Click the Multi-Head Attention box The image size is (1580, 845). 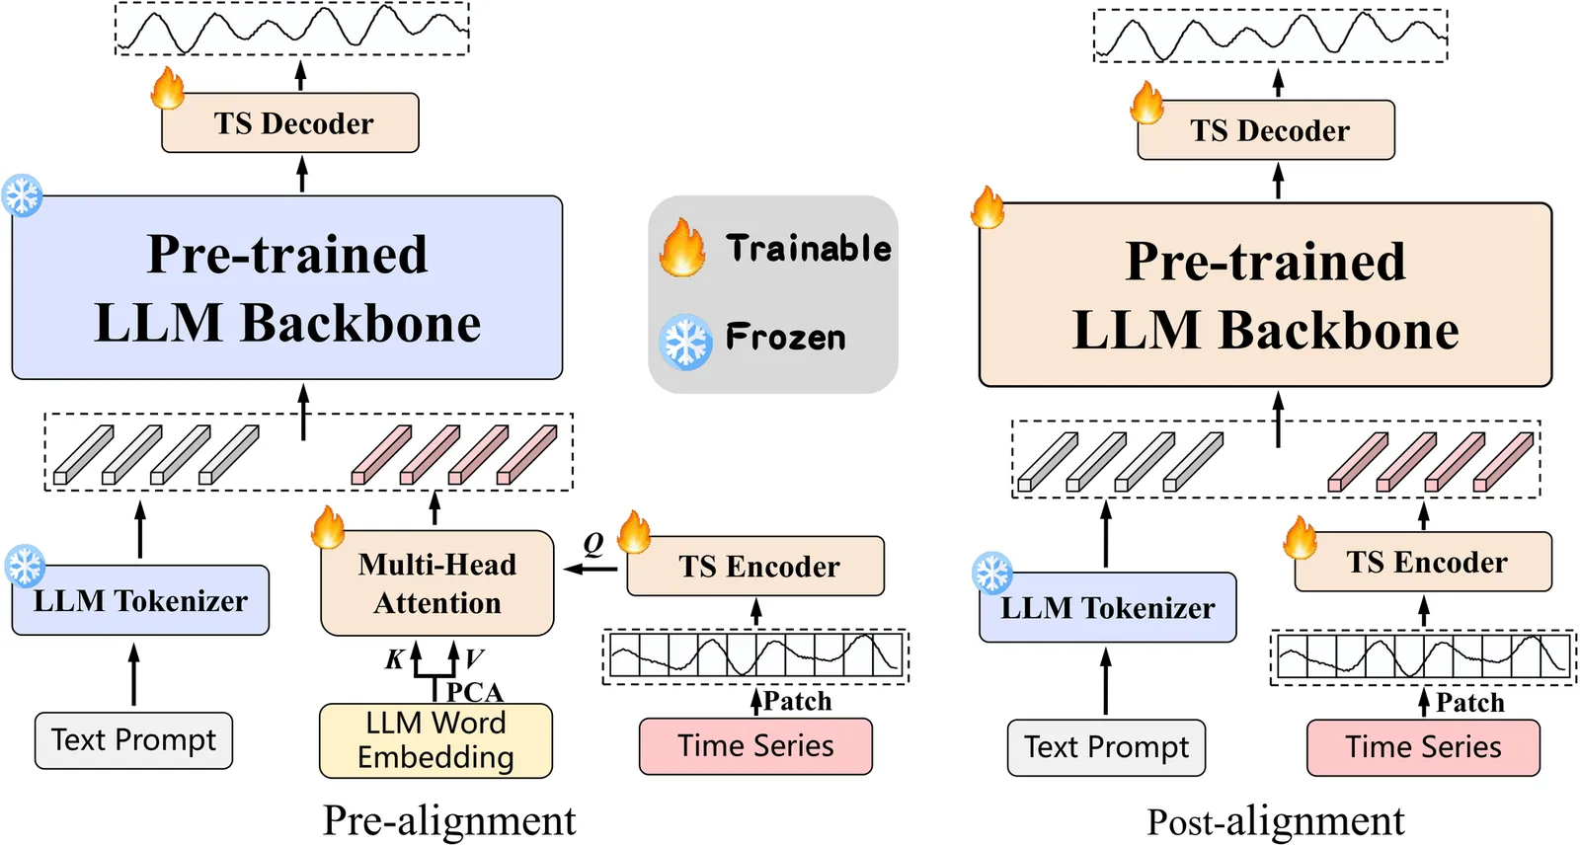437,583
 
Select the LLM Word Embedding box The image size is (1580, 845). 435,740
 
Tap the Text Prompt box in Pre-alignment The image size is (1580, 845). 133,740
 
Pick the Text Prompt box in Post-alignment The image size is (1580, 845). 1106,747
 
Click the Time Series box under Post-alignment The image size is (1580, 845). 1423,747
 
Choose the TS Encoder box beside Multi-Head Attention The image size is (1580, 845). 756,567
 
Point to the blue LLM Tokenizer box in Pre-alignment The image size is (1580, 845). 140,600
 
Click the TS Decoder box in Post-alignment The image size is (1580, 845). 1267,130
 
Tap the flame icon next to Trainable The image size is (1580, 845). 682,248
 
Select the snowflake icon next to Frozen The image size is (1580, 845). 685,342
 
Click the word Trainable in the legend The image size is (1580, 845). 808,248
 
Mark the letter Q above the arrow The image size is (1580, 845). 593,543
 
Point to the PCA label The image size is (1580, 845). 475,691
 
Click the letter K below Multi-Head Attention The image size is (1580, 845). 394,659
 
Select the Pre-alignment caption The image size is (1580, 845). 449,820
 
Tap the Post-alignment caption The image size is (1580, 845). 1275,821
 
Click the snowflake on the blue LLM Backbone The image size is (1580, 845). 22,194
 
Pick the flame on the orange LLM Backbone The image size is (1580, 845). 987,207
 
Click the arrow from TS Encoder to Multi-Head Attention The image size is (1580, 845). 590,569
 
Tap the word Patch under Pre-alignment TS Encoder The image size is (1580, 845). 797,701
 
